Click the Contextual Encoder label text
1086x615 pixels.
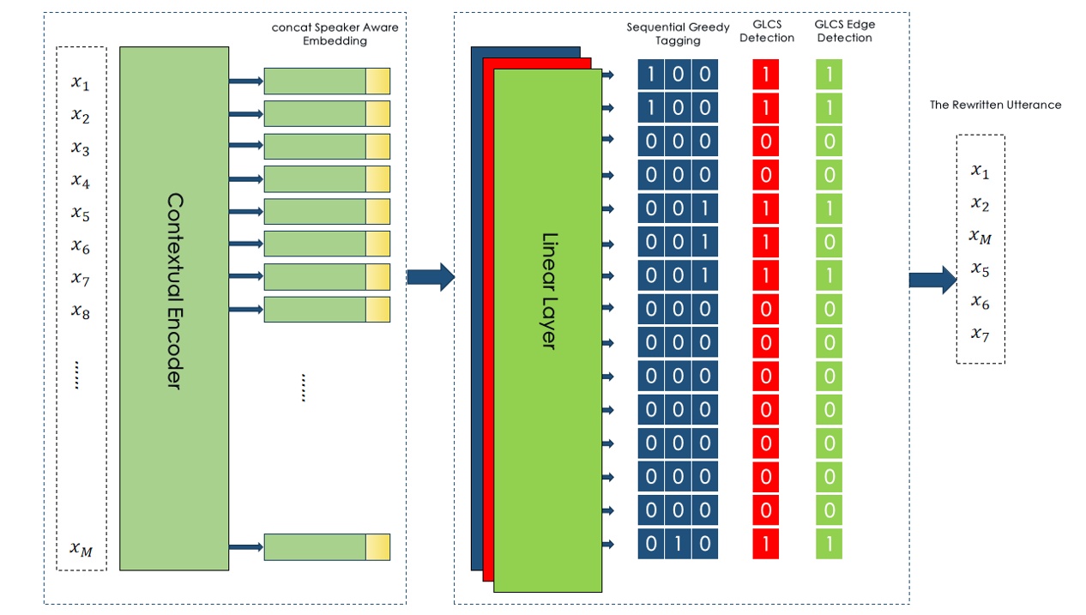point(174,291)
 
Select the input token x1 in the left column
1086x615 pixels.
point(80,83)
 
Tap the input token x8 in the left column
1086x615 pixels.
point(80,311)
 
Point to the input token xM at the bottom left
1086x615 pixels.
point(81,549)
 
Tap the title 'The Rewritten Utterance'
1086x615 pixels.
point(995,106)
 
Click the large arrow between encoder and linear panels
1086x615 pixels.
point(429,277)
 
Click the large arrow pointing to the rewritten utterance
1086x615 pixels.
point(932,280)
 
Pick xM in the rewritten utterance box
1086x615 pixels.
point(980,237)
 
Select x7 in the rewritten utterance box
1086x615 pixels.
point(980,334)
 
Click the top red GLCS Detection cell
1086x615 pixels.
point(765,75)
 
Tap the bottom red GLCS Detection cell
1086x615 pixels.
point(765,544)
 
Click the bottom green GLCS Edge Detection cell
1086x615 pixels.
point(829,544)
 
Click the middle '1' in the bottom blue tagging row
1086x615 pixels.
point(678,544)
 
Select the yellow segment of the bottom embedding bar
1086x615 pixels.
point(377,546)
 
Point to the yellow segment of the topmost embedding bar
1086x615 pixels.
point(377,81)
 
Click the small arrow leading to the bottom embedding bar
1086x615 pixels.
point(245,546)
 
